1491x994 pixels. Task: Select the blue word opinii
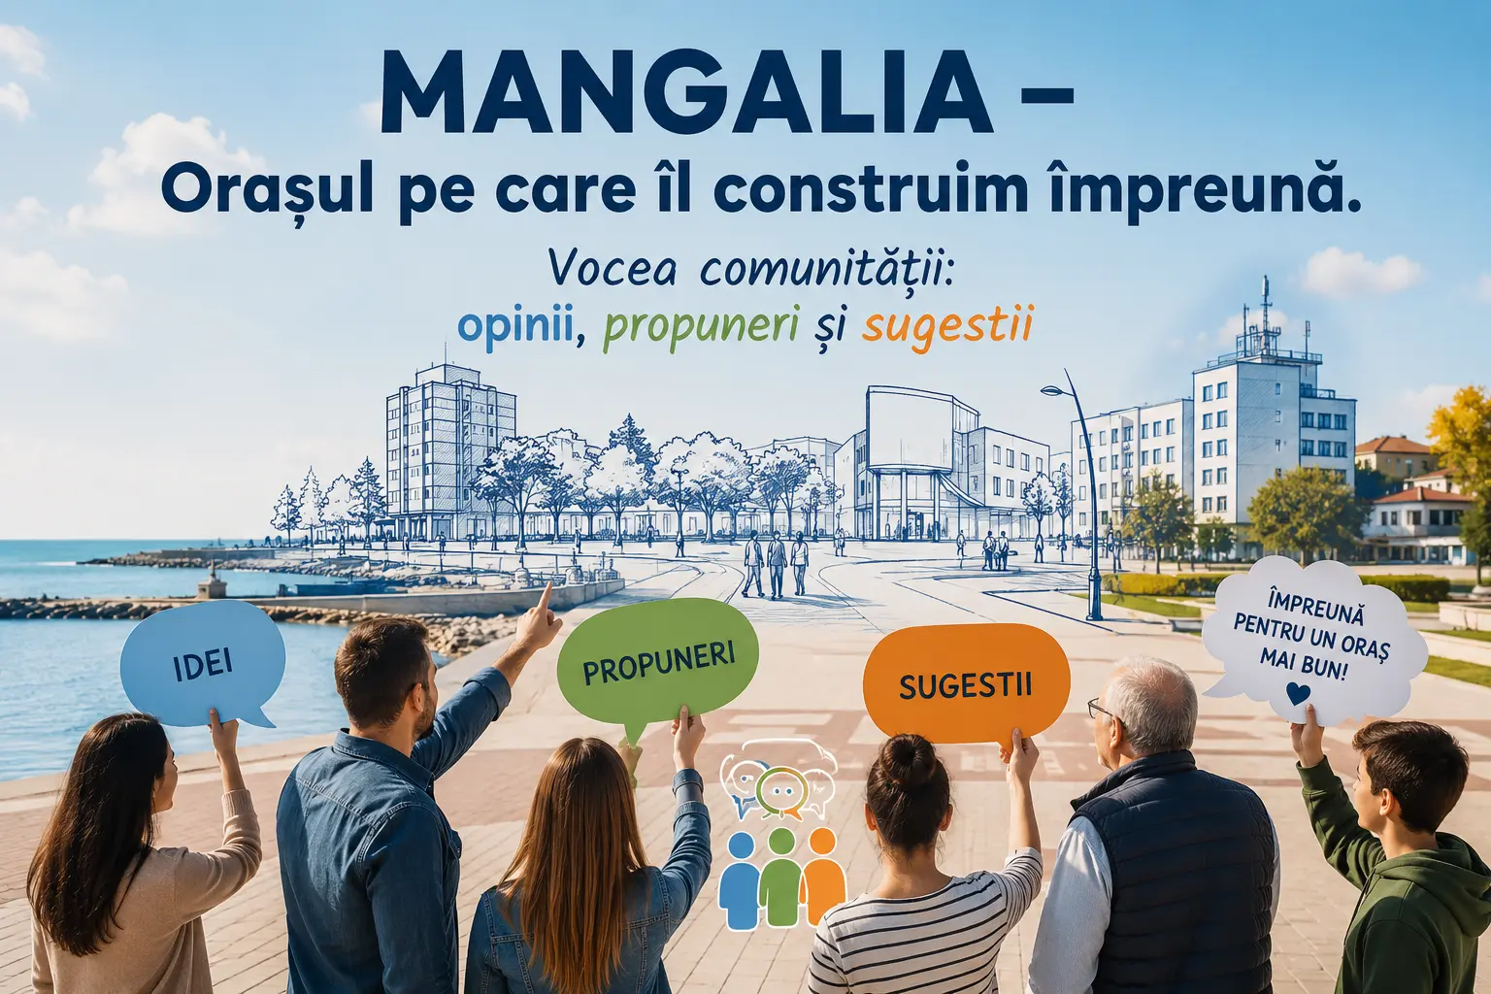click(516, 327)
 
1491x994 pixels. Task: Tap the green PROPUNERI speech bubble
click(657, 662)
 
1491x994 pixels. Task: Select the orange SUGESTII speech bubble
click(966, 684)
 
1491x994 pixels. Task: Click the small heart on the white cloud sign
click(1298, 694)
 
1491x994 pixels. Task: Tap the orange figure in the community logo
click(824, 878)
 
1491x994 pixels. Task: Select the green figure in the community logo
click(782, 878)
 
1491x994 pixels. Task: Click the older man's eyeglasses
click(1102, 708)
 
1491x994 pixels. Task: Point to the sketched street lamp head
click(1053, 390)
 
